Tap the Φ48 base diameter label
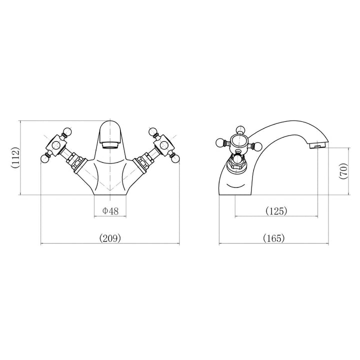tap(110, 210)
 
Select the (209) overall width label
tap(110, 238)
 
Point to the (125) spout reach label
tap(276, 210)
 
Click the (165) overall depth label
tap(273, 238)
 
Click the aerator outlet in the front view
tap(110, 145)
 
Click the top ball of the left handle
tap(67, 131)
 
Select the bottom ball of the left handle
tap(44, 158)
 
